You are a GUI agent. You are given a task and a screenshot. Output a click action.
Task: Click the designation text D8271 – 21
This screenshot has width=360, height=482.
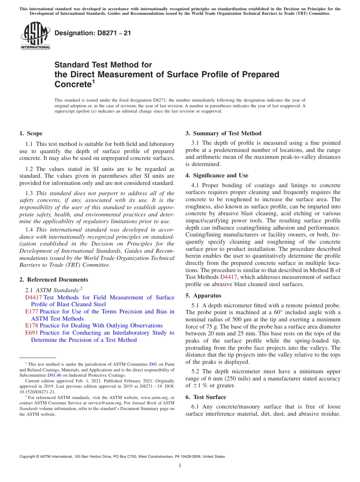(93, 33)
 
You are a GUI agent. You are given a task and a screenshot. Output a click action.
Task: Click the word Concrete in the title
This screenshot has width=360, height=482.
(72, 84)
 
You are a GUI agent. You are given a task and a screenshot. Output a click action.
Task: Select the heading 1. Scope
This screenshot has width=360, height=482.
(31, 133)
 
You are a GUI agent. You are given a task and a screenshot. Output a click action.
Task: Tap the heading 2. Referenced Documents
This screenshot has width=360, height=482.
(53, 280)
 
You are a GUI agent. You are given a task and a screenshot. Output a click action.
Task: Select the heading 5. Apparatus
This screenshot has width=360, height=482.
(203, 296)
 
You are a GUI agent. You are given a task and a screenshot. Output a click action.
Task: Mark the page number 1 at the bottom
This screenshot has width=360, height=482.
(180, 466)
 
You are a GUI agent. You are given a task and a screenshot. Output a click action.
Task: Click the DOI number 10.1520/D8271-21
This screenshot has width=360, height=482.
(37, 391)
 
